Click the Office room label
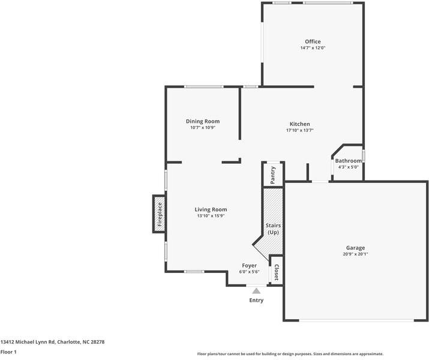tap(313, 41)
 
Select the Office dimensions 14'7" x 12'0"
tap(313, 48)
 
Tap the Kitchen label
tap(299, 124)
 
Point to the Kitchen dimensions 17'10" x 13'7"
tap(299, 130)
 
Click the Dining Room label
tap(202, 121)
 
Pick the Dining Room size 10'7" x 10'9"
tap(202, 128)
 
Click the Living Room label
tap(211, 209)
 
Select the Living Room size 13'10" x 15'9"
tap(211, 216)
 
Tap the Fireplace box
tap(160, 214)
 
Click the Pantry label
tap(273, 174)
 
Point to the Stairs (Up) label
tap(274, 229)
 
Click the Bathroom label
tap(348, 161)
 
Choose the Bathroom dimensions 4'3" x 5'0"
tap(348, 167)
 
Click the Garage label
tap(355, 247)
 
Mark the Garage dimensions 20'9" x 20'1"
tap(355, 254)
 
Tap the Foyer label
tap(249, 265)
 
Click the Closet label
tap(276, 272)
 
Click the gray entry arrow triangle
tap(256, 290)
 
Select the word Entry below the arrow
tap(256, 300)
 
